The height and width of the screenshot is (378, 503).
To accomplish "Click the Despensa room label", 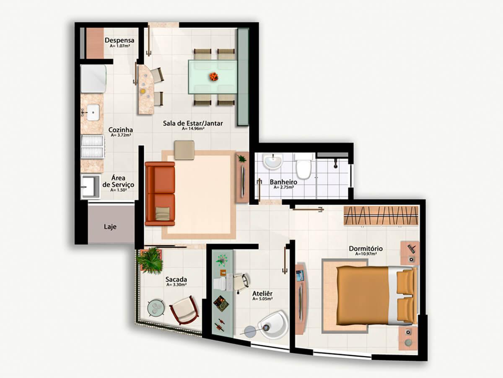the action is tap(119, 40).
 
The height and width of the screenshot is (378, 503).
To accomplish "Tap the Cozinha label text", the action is tap(121, 130).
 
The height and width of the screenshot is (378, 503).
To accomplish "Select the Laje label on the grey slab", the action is tap(110, 227).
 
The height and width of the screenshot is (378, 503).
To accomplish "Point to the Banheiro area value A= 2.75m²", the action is tap(284, 187).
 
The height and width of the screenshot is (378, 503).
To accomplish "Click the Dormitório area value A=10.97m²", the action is tap(366, 254).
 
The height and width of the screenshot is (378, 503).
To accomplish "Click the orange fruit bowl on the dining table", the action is tap(214, 76).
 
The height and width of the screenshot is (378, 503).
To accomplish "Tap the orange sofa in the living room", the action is tap(160, 194).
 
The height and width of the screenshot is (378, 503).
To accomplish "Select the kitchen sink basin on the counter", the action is tap(93, 112).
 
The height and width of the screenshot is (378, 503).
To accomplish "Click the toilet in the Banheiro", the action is tap(303, 167).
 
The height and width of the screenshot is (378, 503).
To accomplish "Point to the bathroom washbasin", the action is tap(272, 161).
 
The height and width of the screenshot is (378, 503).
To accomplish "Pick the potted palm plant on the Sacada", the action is tap(150, 260).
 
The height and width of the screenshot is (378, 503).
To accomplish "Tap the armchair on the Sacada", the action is tap(184, 310).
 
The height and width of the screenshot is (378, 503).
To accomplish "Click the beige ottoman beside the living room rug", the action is tap(184, 150).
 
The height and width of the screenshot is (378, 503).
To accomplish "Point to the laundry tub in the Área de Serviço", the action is tap(91, 186).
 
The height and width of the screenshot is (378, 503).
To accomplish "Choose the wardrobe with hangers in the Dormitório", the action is tap(381, 216).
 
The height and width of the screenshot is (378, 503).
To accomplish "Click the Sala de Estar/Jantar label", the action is tap(193, 123).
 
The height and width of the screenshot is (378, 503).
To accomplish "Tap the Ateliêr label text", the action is tap(262, 293).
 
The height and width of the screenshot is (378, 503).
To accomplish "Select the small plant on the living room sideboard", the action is tap(241, 158).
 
